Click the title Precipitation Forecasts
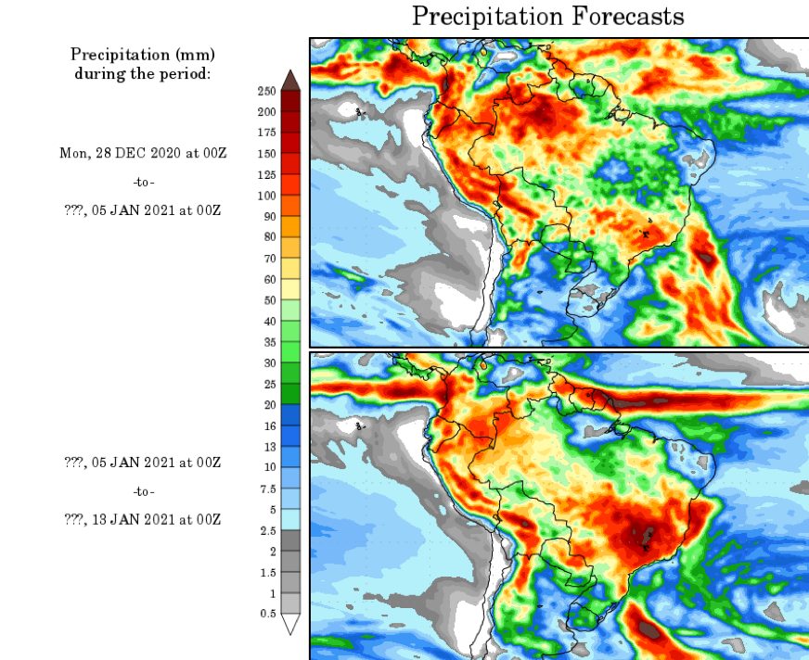(x=547, y=17)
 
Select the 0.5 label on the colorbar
(x=266, y=614)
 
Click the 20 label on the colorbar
(x=268, y=405)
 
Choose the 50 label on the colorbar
(x=268, y=300)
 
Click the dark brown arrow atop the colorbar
(x=290, y=80)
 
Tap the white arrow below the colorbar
(x=290, y=625)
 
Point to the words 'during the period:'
(x=143, y=73)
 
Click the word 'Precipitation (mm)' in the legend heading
(x=143, y=55)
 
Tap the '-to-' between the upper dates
(x=143, y=182)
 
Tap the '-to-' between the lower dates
(x=143, y=491)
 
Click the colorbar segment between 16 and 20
(x=290, y=415)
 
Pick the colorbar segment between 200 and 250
(x=290, y=101)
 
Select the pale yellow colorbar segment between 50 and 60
(x=290, y=289)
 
